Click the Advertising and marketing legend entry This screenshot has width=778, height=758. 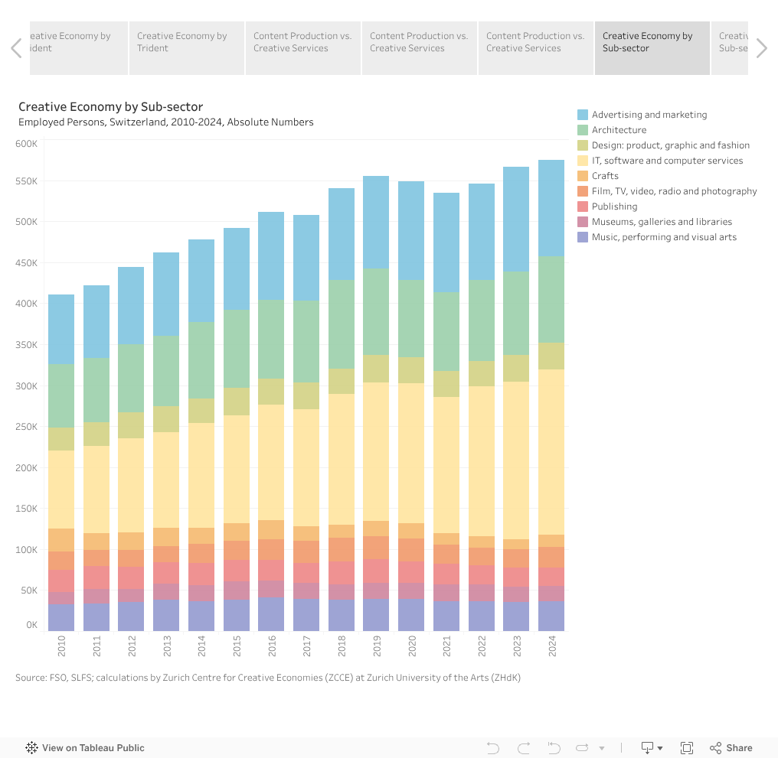point(649,115)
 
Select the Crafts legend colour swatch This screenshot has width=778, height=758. point(583,176)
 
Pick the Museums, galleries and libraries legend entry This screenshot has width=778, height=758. point(662,222)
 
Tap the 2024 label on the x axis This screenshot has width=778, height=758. point(551,647)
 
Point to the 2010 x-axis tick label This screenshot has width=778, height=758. point(61,647)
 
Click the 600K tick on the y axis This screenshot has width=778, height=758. point(27,144)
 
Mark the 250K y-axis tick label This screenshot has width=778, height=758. point(27,427)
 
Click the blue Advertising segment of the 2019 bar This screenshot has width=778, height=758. point(376,223)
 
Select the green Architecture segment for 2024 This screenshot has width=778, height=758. point(551,299)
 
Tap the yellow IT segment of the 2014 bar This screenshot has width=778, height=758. point(201,475)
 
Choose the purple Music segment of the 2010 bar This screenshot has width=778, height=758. point(61,617)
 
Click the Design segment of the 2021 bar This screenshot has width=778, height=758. point(446,384)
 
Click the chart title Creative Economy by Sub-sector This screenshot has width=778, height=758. point(111,106)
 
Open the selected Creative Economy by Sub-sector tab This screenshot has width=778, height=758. point(652,48)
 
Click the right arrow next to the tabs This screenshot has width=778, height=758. point(761,48)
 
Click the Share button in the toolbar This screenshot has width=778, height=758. point(731,748)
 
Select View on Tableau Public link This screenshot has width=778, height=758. point(85,748)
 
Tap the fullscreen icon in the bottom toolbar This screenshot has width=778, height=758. point(687,748)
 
